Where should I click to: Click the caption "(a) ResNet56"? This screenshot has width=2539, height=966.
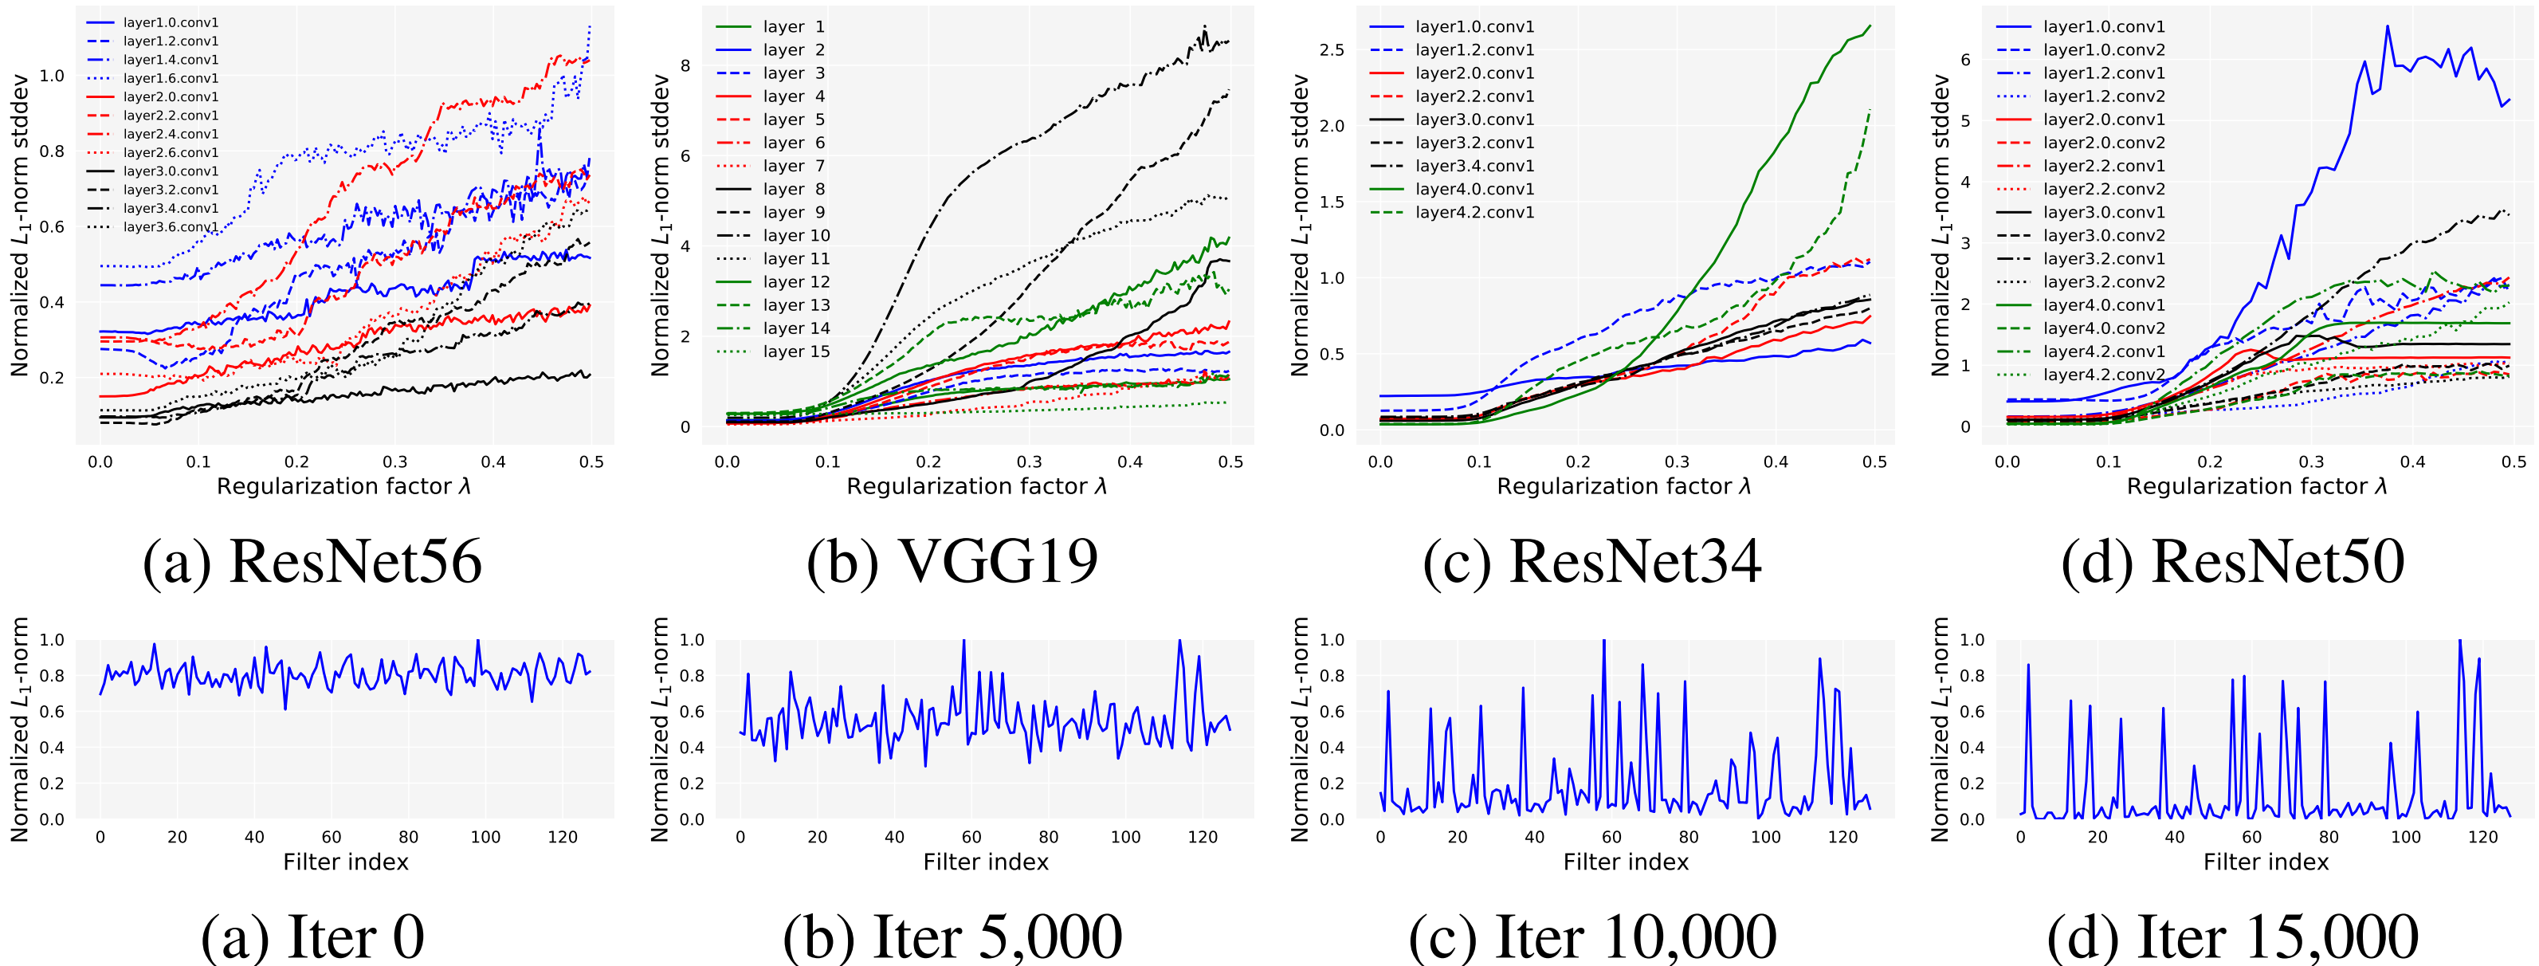tap(312, 562)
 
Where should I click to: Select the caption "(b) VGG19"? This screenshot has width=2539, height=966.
tap(952, 562)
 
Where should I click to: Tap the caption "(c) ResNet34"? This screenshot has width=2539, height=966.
tap(1591, 562)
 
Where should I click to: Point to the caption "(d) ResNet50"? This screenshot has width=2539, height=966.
tap(2232, 562)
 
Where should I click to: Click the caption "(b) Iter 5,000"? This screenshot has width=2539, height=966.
tap(952, 937)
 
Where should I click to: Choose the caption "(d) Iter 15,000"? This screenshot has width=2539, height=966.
tap(2232, 937)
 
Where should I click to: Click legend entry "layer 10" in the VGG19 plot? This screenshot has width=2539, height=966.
tap(795, 236)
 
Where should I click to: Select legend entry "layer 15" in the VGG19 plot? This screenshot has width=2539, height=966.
tap(795, 352)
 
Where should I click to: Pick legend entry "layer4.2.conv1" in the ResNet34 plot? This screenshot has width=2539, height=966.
tap(1474, 213)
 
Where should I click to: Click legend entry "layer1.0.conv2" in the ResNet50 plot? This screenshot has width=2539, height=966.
tap(2103, 50)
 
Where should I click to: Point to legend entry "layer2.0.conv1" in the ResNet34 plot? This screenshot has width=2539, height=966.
tap(1474, 74)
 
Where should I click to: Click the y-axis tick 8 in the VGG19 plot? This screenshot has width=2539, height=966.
tap(685, 66)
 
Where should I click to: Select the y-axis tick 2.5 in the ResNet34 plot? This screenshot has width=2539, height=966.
tap(1331, 50)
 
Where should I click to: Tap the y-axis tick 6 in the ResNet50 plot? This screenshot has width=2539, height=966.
tap(1965, 60)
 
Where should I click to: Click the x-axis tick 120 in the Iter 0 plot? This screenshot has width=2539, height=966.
tap(563, 837)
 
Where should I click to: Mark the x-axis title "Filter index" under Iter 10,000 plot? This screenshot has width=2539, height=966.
tap(1625, 862)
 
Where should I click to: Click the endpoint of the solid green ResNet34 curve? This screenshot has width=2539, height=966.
tap(1870, 26)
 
